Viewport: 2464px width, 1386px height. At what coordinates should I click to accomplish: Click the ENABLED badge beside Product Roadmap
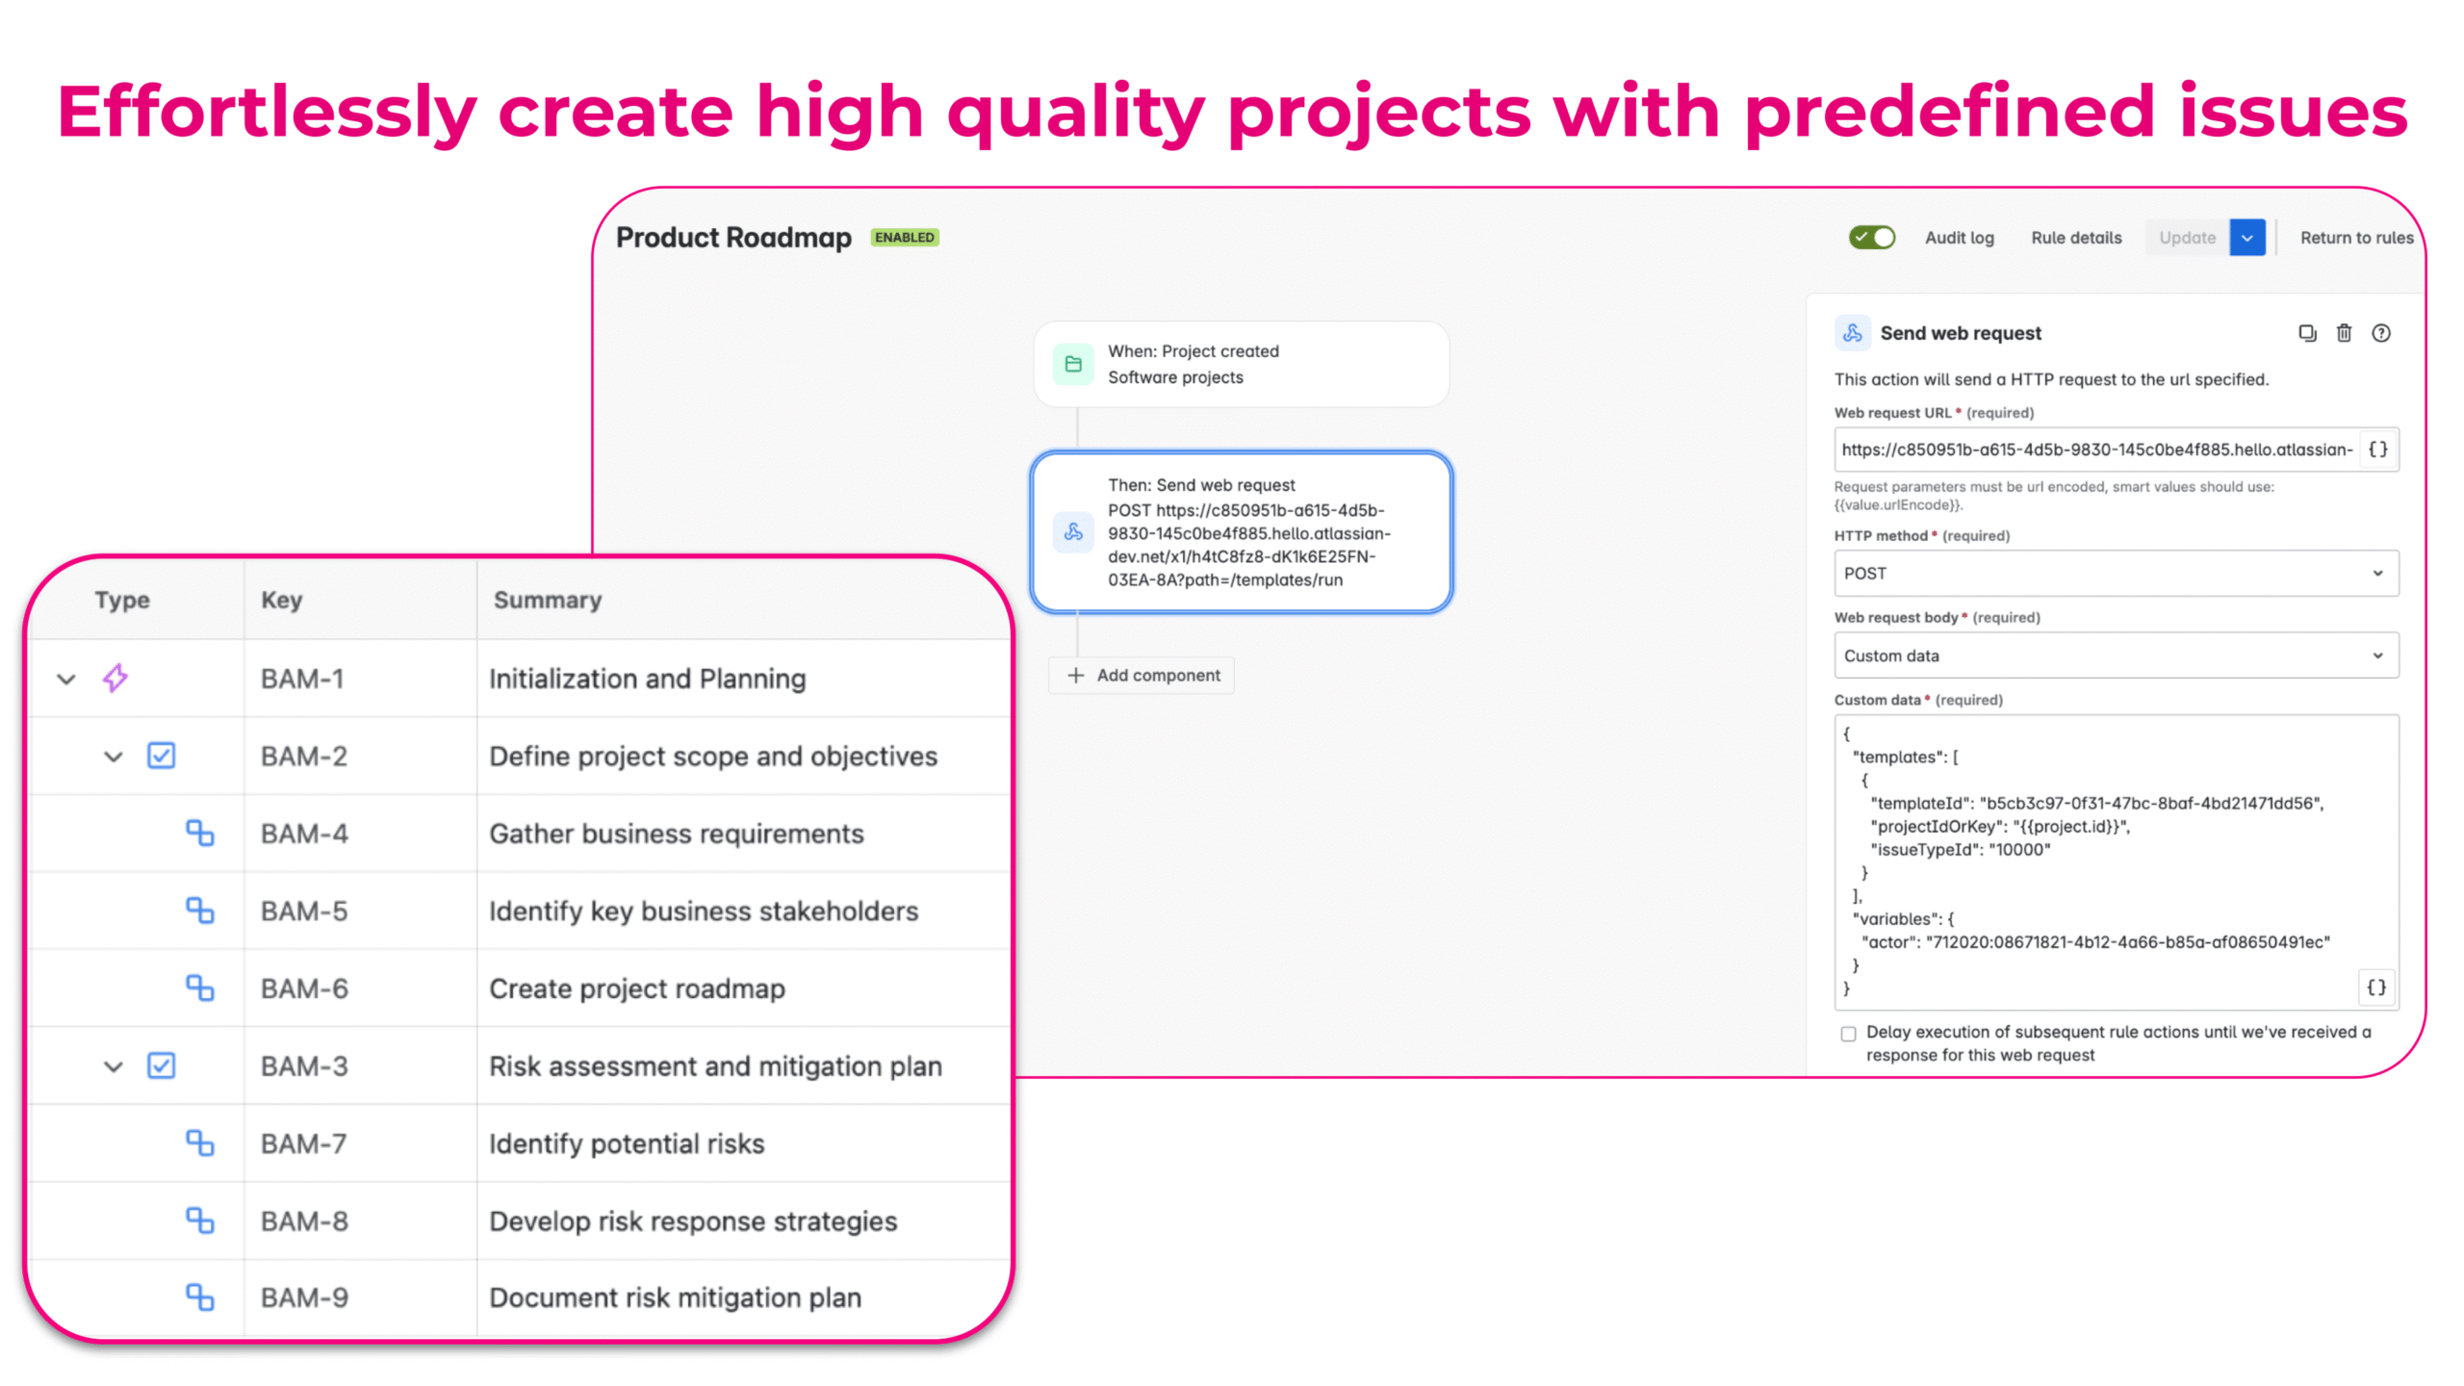point(904,238)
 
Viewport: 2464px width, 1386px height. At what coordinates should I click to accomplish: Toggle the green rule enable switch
point(1871,238)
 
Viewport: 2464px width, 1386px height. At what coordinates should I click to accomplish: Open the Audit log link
point(1959,238)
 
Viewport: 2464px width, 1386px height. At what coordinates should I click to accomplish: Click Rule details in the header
point(2076,238)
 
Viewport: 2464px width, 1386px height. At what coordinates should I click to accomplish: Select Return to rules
point(2356,238)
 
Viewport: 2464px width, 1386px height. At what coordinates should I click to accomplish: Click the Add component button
point(1142,676)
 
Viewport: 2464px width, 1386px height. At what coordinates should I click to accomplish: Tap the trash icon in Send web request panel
point(2344,333)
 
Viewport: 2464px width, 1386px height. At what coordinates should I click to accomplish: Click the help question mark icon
point(2380,333)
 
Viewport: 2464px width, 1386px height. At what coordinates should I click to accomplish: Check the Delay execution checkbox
point(1848,1034)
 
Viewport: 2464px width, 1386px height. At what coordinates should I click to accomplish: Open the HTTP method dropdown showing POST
point(2116,574)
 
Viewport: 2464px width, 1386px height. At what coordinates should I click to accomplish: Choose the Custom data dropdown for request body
point(2116,655)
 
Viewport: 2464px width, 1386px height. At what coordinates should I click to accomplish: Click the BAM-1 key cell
point(302,679)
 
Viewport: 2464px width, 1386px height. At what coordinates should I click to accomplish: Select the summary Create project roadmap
point(637,988)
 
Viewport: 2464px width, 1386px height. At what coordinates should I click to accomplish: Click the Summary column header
point(548,600)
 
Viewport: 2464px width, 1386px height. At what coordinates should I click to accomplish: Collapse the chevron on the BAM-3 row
point(114,1066)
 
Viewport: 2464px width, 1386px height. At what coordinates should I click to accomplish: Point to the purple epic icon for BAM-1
point(115,678)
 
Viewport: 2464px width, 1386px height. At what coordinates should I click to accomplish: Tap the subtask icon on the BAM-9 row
point(199,1297)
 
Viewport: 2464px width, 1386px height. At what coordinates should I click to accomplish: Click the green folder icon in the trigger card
point(1073,364)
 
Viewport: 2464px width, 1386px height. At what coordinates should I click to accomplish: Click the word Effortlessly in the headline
point(267,113)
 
